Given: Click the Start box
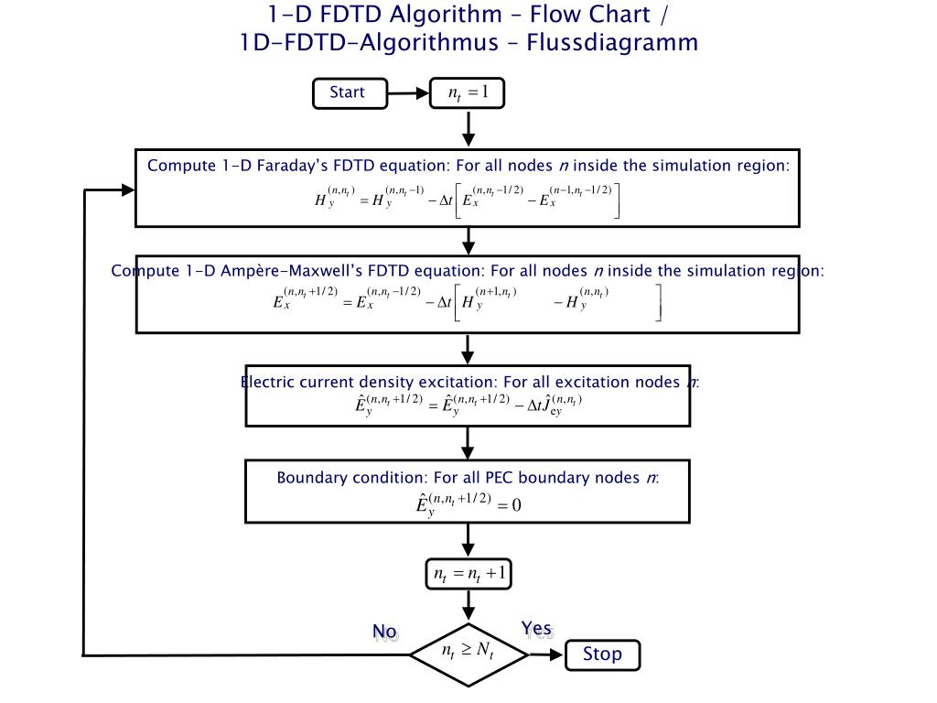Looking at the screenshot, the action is tap(350, 93).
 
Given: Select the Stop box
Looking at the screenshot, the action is tap(602, 655).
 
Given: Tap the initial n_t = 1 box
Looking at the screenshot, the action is tap(468, 92).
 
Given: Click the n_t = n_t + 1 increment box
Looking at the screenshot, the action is tap(468, 574).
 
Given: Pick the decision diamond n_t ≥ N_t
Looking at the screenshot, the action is tap(468, 654).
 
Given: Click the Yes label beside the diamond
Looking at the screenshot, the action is tap(536, 629).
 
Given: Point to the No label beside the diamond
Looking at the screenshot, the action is tap(384, 632).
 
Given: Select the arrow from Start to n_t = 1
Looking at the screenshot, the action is tap(409, 93).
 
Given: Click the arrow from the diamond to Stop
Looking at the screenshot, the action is tap(546, 655).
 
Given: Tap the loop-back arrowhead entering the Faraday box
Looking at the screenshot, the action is tap(128, 190).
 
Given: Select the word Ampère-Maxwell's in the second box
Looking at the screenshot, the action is tap(292, 271).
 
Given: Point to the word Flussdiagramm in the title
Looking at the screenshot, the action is tap(612, 43).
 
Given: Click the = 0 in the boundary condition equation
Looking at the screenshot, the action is tap(509, 505).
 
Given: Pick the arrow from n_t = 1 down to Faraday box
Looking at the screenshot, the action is tap(468, 128).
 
